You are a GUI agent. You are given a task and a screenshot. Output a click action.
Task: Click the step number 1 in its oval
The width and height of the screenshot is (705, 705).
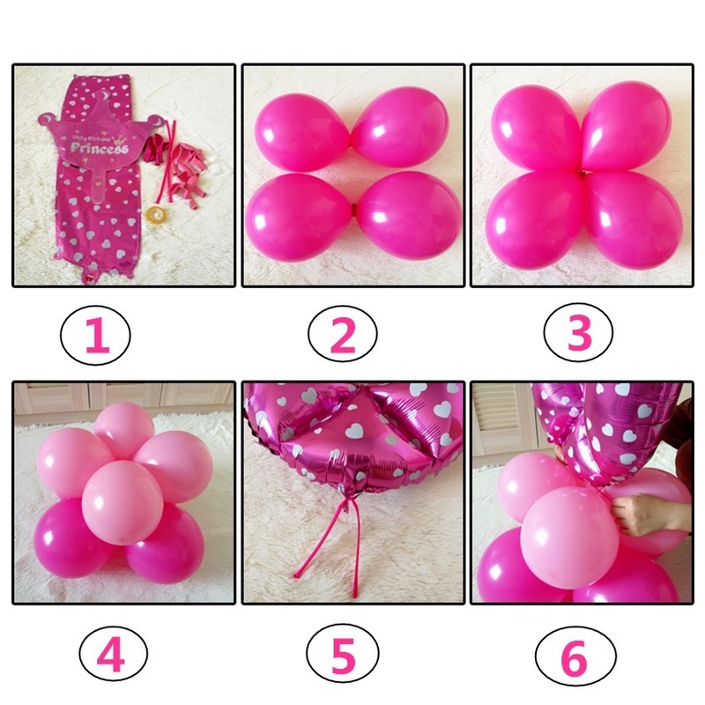[96, 336]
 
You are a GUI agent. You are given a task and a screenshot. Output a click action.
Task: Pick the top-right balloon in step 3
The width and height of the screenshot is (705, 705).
[627, 125]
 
